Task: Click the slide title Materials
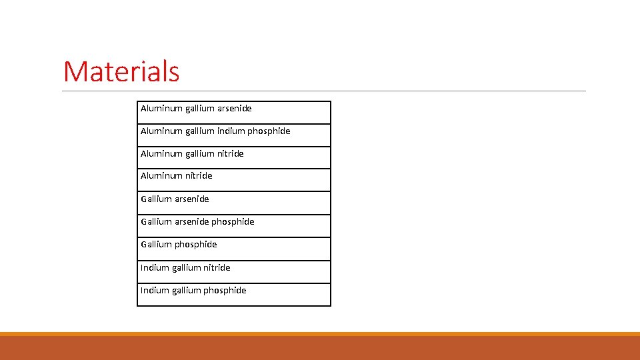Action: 121,71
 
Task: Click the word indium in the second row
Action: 231,131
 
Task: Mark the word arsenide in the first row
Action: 235,108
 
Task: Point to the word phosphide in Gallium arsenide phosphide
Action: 233,221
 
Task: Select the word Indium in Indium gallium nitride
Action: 155,267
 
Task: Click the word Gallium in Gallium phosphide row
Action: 156,244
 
